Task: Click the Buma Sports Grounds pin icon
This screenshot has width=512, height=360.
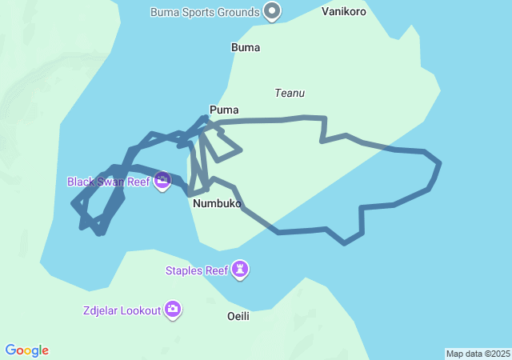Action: [x=272, y=12]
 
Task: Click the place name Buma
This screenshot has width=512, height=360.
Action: [x=246, y=47]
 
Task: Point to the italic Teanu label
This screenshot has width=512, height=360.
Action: [x=289, y=93]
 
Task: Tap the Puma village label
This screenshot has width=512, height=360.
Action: [x=224, y=110]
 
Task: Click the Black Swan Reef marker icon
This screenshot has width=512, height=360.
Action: [x=162, y=182]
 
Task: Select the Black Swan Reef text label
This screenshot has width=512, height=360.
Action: [x=109, y=182]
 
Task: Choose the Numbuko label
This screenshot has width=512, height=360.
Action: [x=217, y=204]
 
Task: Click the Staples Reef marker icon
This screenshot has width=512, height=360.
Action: [x=241, y=270]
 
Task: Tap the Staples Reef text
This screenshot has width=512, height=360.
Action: [x=197, y=270]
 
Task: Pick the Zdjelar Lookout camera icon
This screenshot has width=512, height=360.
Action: [x=173, y=310]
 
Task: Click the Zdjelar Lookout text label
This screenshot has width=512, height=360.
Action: [x=121, y=310]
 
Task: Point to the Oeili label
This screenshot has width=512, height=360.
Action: [x=238, y=316]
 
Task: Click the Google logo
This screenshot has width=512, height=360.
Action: [x=27, y=350]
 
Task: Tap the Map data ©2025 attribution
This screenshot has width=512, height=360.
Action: [x=477, y=354]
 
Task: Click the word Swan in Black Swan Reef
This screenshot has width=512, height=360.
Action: [x=111, y=182]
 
